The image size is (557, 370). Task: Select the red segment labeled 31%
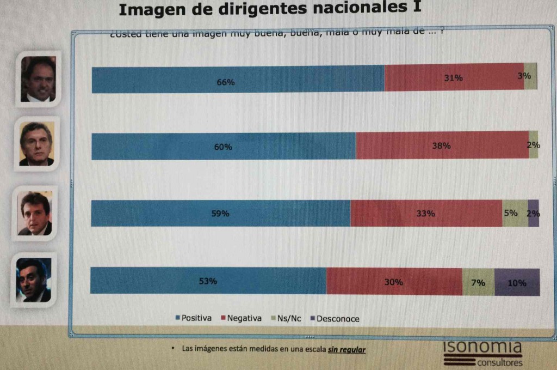click(454, 78)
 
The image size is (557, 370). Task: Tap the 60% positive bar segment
click(224, 146)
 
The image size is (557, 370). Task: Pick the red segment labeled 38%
click(442, 145)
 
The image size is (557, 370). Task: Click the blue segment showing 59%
click(220, 214)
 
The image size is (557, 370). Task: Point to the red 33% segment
click(426, 214)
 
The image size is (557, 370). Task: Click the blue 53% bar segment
click(208, 281)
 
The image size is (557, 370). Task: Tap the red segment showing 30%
click(394, 282)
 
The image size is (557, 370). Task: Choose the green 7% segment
click(478, 282)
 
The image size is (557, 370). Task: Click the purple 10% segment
click(517, 282)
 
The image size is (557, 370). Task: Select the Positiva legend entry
click(193, 318)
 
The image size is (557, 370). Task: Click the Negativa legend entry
click(241, 318)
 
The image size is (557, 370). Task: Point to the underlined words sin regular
click(346, 349)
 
